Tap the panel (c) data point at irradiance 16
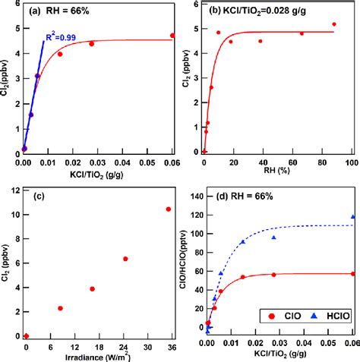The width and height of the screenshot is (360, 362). point(92,288)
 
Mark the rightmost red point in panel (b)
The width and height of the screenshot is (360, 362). point(333,24)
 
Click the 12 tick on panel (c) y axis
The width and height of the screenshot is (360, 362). point(15,190)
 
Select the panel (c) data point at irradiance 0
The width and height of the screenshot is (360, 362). point(27,335)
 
